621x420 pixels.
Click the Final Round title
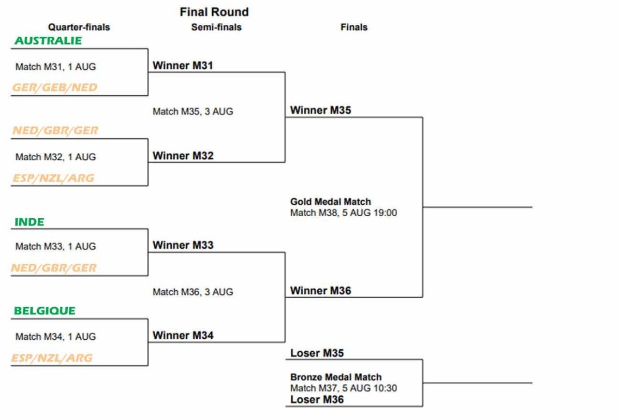pyautogui.click(x=214, y=12)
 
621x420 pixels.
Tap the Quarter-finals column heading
pyautogui.click(x=79, y=27)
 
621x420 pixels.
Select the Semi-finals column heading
pyautogui.click(x=216, y=27)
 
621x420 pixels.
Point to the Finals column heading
pyautogui.click(x=354, y=27)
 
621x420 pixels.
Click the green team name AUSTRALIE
pyautogui.click(x=48, y=41)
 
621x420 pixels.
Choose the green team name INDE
pyautogui.click(x=29, y=222)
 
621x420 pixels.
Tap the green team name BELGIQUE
pyautogui.click(x=45, y=310)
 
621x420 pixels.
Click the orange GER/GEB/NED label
pyautogui.click(x=55, y=87)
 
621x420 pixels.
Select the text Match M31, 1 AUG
pyautogui.click(x=55, y=67)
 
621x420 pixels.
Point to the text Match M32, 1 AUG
pyautogui.click(x=55, y=157)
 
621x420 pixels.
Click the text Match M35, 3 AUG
pyautogui.click(x=193, y=111)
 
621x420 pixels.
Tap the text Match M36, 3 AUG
pyautogui.click(x=193, y=292)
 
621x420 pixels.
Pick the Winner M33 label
pyautogui.click(x=183, y=245)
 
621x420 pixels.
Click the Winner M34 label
pyautogui.click(x=183, y=336)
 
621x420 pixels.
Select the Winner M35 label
pyautogui.click(x=320, y=110)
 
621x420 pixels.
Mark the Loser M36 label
pyautogui.click(x=317, y=399)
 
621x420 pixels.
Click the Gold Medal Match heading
pyautogui.click(x=331, y=202)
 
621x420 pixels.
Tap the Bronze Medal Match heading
pyautogui.click(x=336, y=377)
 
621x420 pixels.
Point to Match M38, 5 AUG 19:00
pyautogui.click(x=344, y=213)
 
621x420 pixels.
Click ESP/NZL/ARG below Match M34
pyautogui.click(x=52, y=358)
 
